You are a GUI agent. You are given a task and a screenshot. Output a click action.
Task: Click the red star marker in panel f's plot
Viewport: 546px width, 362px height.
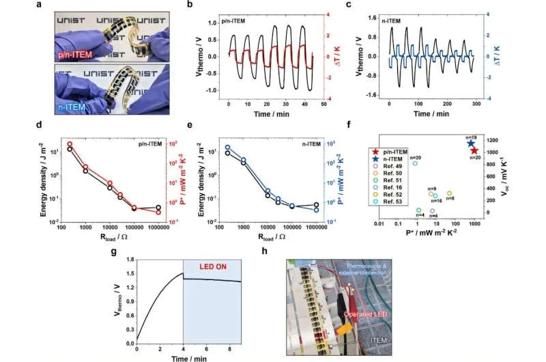(474, 150)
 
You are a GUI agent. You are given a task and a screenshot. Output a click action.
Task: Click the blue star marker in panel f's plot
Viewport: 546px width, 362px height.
(470, 143)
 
